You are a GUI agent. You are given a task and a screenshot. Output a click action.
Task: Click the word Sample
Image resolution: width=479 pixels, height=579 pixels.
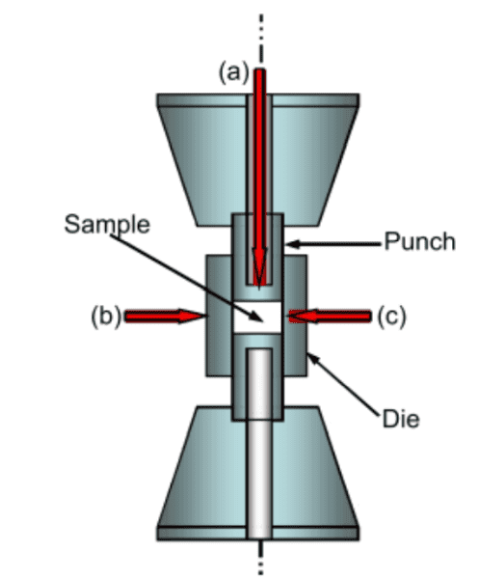click(107, 224)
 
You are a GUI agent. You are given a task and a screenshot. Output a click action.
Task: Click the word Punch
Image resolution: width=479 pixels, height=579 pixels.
click(420, 242)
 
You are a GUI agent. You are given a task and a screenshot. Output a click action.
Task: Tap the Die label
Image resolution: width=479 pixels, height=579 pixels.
click(401, 419)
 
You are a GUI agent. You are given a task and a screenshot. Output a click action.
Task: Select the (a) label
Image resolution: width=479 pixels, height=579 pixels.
click(234, 72)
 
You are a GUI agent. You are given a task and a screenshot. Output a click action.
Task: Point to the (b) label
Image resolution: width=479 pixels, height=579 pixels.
click(106, 317)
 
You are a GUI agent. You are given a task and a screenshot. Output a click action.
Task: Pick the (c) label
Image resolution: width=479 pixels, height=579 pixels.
click(391, 317)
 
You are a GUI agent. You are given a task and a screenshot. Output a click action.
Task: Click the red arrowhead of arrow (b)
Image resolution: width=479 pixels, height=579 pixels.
click(192, 317)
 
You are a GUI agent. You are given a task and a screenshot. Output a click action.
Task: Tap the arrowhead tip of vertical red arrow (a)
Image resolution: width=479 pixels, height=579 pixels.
click(259, 289)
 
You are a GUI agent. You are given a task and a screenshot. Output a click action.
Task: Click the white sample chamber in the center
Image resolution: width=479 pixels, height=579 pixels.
click(257, 317)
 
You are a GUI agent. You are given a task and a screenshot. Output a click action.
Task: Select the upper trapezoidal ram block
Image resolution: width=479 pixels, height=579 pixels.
click(258, 159)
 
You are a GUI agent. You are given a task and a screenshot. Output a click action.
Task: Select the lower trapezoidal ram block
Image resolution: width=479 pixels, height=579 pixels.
click(258, 474)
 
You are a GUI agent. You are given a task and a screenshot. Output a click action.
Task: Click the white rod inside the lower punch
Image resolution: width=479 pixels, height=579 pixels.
click(260, 443)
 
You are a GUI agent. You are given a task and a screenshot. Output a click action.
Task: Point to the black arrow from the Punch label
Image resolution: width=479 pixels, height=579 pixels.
click(333, 244)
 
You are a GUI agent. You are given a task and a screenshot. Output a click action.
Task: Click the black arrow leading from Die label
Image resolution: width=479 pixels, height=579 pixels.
click(343, 384)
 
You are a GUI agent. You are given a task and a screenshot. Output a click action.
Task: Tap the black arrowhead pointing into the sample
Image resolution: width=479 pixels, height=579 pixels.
click(257, 317)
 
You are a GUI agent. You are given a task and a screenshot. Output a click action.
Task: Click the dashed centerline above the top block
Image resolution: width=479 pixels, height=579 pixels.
click(261, 41)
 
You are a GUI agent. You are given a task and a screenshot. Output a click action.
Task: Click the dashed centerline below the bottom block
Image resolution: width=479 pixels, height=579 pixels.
click(260, 558)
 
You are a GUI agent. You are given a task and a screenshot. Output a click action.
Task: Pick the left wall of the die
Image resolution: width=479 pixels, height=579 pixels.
click(219, 316)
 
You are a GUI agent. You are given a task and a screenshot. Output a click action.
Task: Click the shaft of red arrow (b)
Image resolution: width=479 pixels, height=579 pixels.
click(152, 317)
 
